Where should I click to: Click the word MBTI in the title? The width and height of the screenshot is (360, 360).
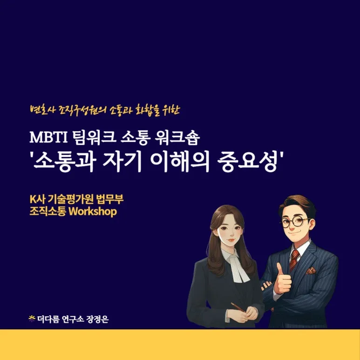point(49,137)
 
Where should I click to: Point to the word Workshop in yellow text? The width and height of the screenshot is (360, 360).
point(93,211)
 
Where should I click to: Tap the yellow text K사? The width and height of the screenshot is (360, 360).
point(37,199)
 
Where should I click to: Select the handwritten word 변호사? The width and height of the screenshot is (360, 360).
point(43,110)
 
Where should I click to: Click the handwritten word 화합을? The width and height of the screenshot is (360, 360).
point(146,110)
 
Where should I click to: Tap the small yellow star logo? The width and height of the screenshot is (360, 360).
point(32,318)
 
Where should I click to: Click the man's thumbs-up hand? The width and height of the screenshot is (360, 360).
point(283,279)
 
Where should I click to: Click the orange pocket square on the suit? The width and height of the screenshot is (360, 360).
point(311,271)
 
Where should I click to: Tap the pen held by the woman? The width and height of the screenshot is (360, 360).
point(238,307)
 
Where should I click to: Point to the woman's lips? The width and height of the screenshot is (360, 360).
point(231,240)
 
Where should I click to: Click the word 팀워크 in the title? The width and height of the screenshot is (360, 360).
point(94,138)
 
